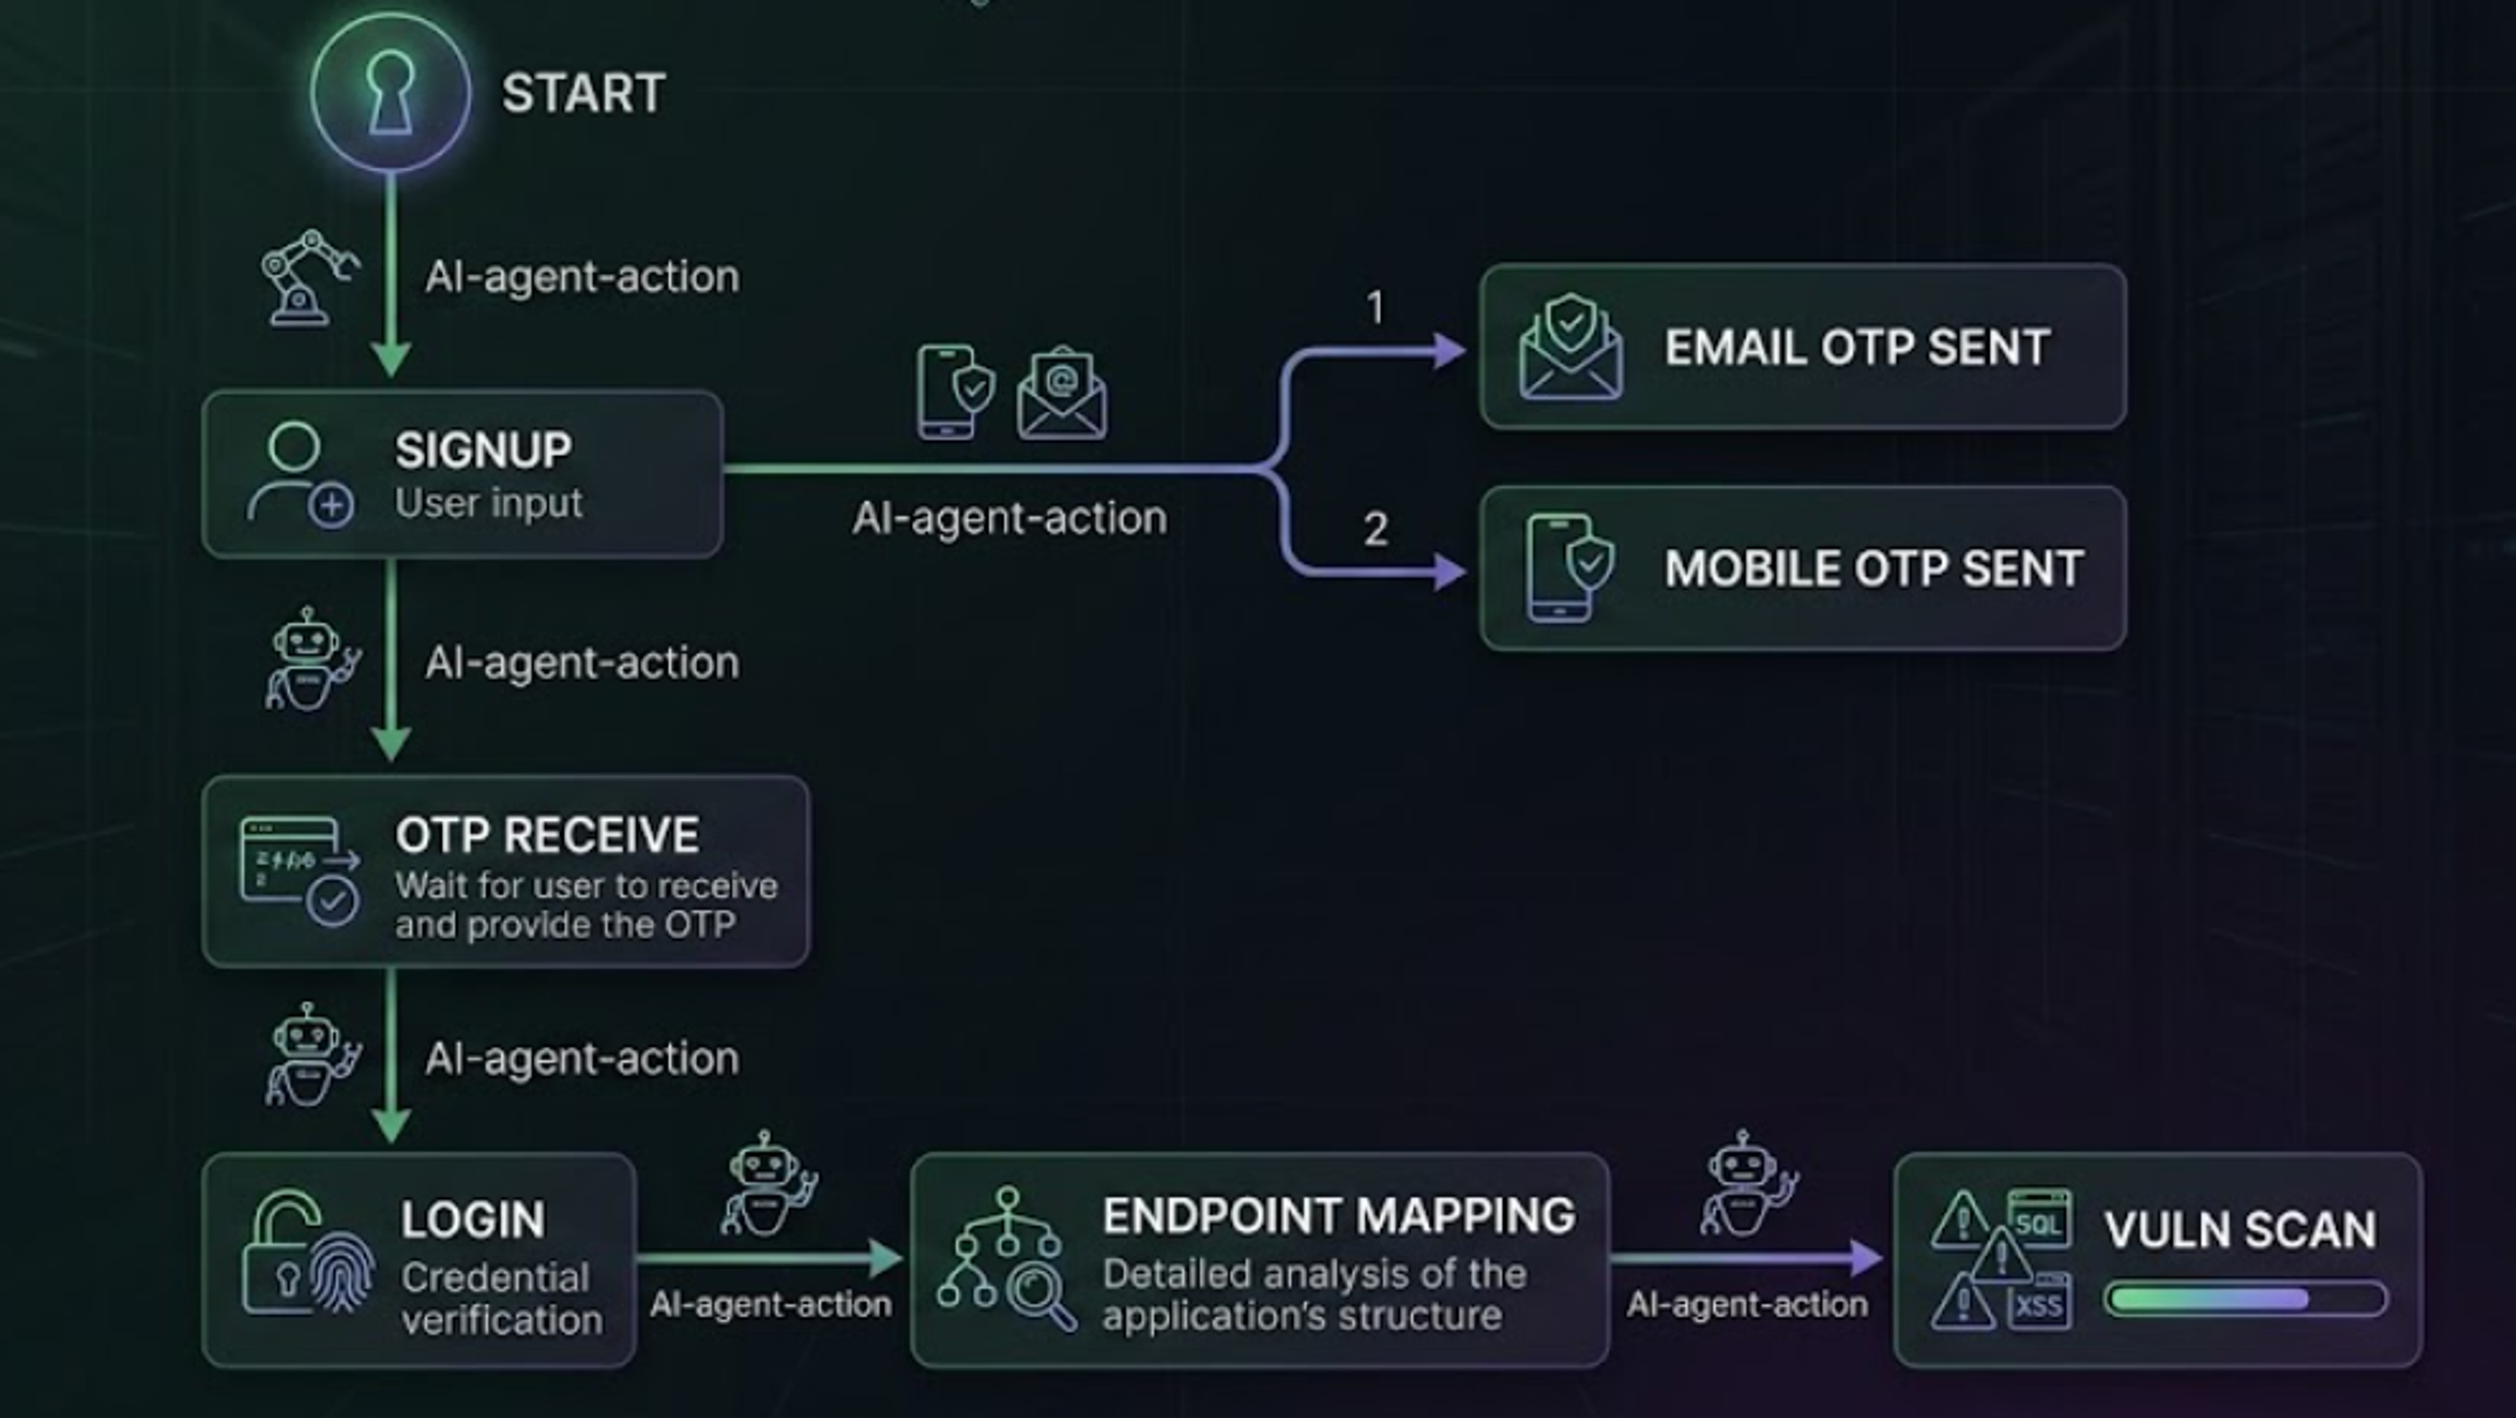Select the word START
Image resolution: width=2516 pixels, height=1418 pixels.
(583, 94)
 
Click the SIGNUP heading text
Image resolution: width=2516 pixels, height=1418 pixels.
(484, 450)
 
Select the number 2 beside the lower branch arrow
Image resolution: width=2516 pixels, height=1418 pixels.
(1375, 529)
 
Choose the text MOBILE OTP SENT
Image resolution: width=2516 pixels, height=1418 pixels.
(1873, 568)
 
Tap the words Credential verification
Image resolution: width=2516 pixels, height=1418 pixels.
(502, 1299)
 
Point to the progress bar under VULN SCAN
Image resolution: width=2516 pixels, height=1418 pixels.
(2245, 1299)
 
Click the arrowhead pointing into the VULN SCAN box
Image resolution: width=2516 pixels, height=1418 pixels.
(1867, 1258)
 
